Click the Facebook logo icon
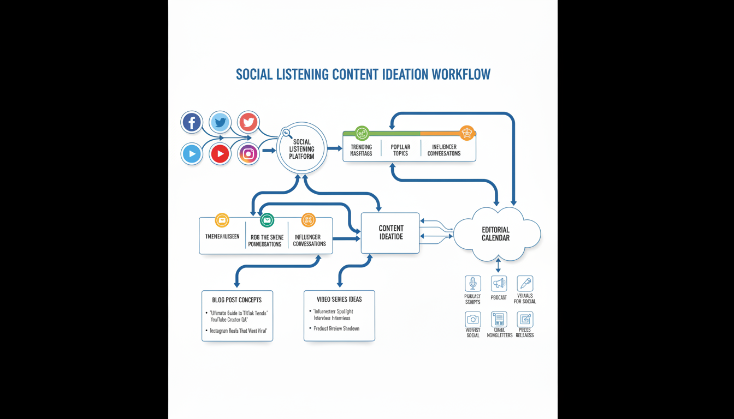pos(192,122)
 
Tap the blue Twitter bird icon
pos(220,122)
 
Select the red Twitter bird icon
pos(248,122)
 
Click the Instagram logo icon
pos(248,154)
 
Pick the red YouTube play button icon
pos(220,154)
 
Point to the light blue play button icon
pos(192,154)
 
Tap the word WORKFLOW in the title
pos(460,74)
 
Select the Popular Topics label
pos(400,150)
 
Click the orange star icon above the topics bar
pos(466,133)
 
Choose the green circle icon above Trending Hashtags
pos(362,133)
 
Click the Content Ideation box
pos(390,233)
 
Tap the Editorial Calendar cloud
pos(496,234)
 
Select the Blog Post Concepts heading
pos(237,300)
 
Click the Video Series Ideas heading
pos(339,300)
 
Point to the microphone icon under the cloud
pos(473,284)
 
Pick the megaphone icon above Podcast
pos(499,284)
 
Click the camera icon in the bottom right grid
pos(473,319)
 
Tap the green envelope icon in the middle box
pos(267,220)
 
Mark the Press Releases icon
pos(525,319)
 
